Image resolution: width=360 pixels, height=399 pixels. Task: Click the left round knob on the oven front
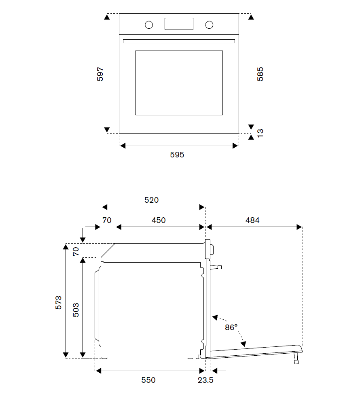point(149,25)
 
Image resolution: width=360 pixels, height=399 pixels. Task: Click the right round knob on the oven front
point(209,25)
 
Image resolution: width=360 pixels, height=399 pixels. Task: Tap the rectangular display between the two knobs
point(179,24)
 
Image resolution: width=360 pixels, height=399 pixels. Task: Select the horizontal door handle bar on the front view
point(179,41)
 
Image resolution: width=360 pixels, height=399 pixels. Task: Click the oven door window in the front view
point(179,83)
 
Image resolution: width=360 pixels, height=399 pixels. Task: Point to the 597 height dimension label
point(100,74)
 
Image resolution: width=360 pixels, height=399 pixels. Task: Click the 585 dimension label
point(260,74)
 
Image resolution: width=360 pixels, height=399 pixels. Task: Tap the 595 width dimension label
point(177,155)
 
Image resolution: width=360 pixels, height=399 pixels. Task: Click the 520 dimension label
point(152,199)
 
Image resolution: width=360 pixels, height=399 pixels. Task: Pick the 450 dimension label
point(159,220)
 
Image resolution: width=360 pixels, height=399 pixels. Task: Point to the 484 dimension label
point(252,220)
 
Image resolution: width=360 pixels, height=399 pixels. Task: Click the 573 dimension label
point(59,303)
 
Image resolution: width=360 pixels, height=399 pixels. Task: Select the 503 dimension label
point(76,310)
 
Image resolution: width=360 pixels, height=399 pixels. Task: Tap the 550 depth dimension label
point(148,380)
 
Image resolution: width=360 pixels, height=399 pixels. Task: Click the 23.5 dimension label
point(205,380)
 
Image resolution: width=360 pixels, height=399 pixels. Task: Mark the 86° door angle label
point(231,327)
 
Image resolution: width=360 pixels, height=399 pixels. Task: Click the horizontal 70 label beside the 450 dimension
point(106,220)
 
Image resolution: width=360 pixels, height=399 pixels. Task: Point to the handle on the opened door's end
point(297,359)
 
